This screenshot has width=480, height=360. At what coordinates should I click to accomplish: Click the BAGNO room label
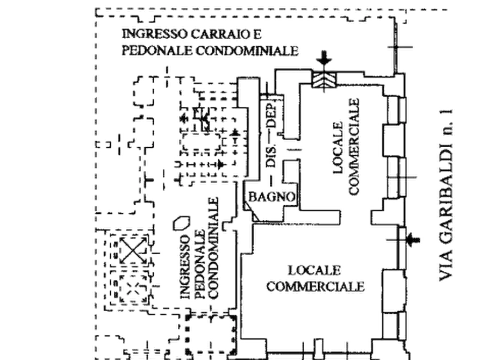(x=272, y=197)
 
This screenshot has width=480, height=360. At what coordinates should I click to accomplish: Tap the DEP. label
(x=271, y=114)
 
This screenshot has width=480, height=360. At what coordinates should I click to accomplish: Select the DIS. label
(x=271, y=155)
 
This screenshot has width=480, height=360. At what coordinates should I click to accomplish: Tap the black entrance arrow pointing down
(x=324, y=58)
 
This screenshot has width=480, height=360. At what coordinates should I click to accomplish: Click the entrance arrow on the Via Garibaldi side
(x=413, y=240)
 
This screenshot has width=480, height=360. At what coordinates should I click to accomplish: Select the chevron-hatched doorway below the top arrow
(x=324, y=80)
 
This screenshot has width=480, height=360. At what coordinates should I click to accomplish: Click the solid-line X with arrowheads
(x=133, y=251)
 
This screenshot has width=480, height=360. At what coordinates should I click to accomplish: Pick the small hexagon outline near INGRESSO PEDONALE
(x=182, y=223)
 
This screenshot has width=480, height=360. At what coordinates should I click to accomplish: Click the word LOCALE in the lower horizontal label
(x=314, y=270)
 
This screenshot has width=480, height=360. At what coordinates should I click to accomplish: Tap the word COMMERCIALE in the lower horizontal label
(x=316, y=286)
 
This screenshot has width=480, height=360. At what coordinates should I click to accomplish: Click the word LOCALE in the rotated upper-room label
(x=338, y=148)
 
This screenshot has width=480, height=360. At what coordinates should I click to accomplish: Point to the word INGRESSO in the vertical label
(x=185, y=267)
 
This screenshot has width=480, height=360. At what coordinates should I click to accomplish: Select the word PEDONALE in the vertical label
(x=199, y=264)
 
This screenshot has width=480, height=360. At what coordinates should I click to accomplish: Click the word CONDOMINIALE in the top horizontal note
(x=247, y=51)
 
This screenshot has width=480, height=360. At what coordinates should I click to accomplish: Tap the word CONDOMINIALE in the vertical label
(x=213, y=248)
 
